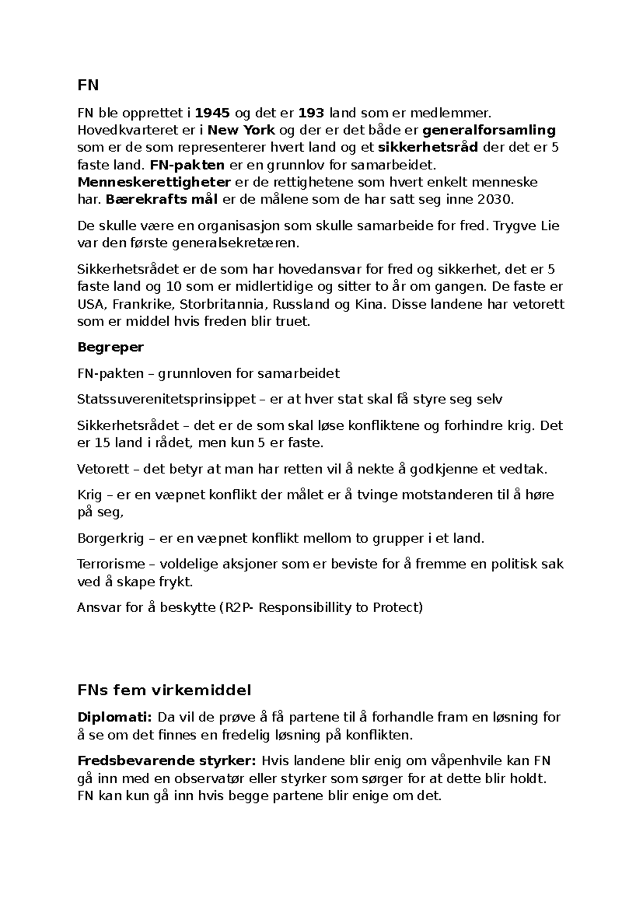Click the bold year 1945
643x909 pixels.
point(213,113)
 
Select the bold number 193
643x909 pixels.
point(311,113)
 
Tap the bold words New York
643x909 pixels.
point(241,130)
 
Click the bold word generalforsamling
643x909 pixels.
point(489,130)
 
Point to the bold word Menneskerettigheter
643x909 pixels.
point(154,182)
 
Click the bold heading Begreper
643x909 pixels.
point(110,347)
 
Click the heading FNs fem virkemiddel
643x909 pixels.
point(164,690)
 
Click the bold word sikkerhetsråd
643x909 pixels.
point(428,148)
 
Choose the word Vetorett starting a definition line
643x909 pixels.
point(103,470)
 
